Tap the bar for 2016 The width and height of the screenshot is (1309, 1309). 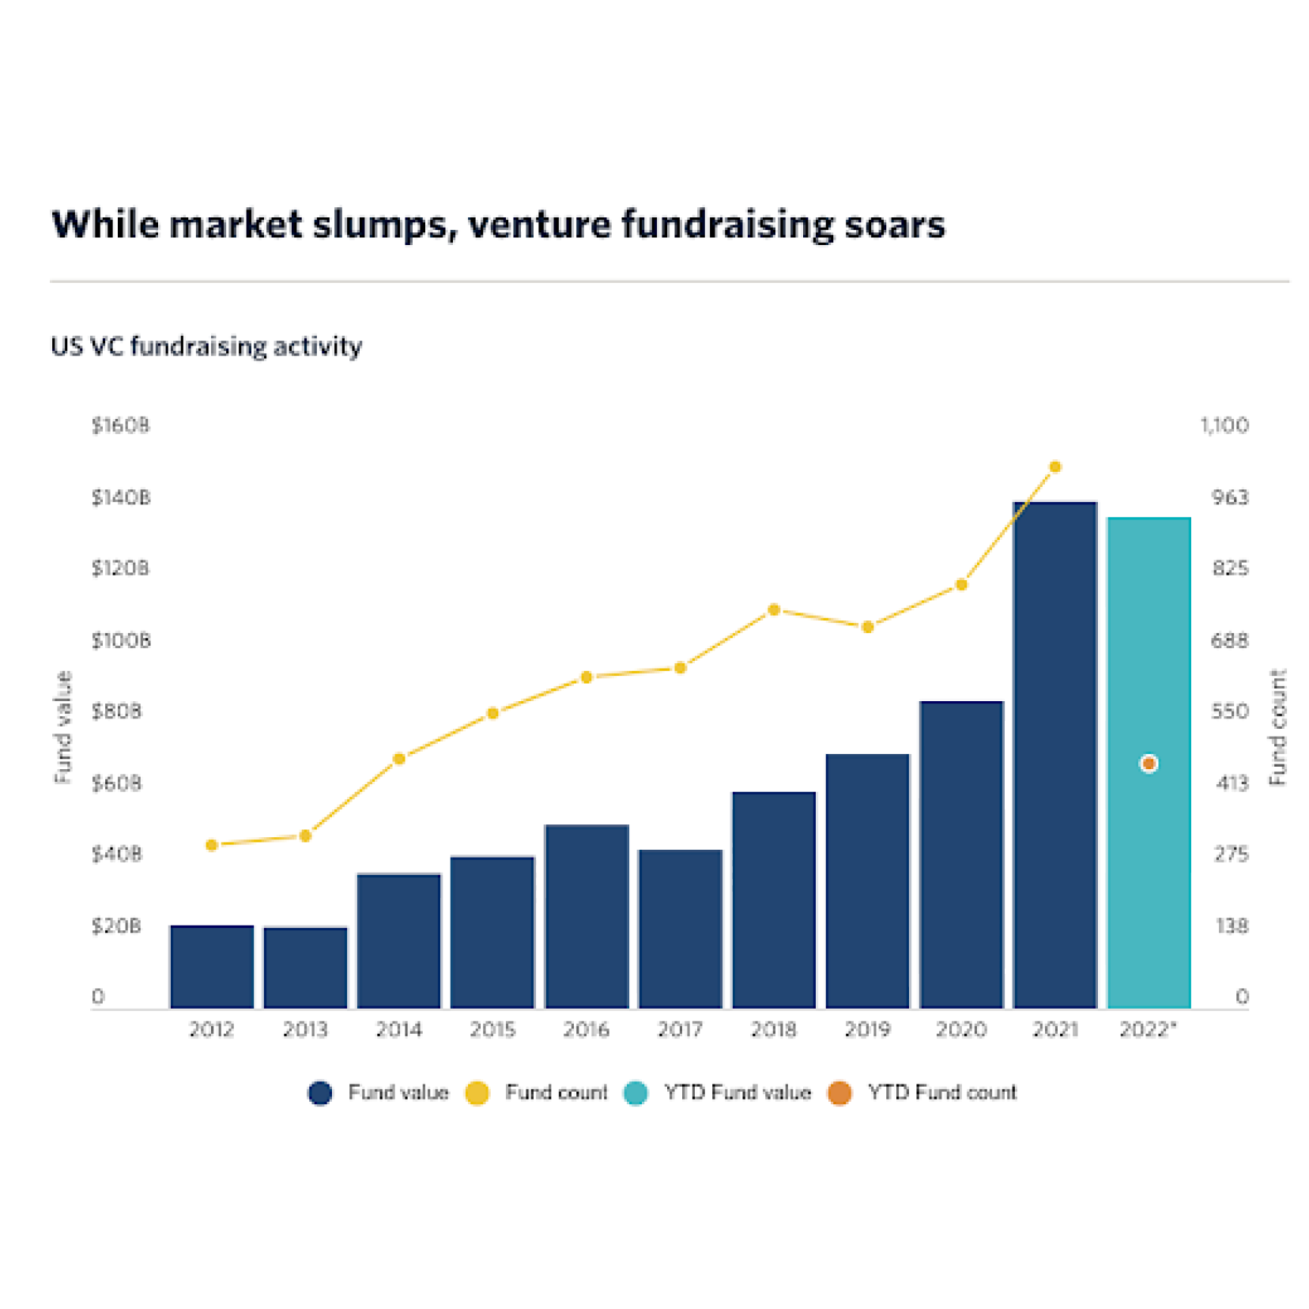pos(587,916)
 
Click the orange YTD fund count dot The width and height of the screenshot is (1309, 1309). pos(1149,764)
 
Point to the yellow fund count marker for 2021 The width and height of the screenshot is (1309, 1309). pos(1054,467)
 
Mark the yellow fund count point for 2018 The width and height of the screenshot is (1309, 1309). pos(774,609)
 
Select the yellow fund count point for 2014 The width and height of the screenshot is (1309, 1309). pos(399,759)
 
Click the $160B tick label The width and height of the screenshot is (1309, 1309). pos(120,425)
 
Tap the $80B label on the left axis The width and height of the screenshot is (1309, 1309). pos(117,711)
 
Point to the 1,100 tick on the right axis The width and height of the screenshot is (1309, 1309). pos(1224,425)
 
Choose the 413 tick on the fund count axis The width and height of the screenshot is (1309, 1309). pos(1232,783)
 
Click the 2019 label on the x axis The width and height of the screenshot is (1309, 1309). pos(867,1029)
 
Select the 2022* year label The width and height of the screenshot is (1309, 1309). pos(1148,1029)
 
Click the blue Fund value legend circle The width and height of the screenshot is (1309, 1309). pos(320,1092)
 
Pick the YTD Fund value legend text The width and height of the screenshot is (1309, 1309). pos(737,1092)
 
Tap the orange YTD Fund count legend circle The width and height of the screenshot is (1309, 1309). pos(839,1092)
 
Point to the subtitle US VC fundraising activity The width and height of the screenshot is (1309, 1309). pos(206,346)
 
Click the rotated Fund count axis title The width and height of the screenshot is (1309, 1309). pos(1277,727)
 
